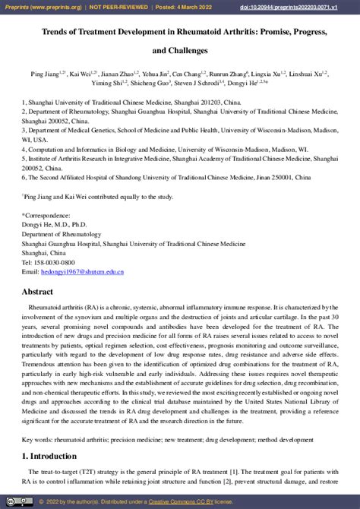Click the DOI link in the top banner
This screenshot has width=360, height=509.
(x=306, y=6)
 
